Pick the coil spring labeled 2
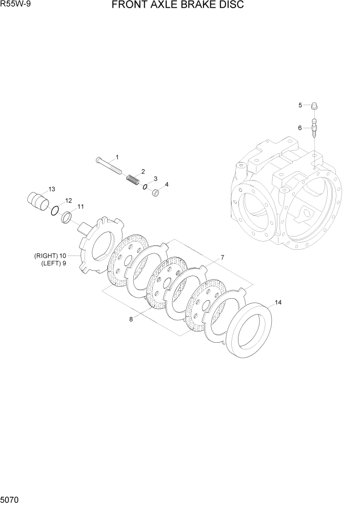pyautogui.click(x=133, y=180)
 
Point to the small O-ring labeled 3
pyautogui.click(x=146, y=187)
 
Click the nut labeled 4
pyautogui.click(x=157, y=193)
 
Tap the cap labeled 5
pyautogui.click(x=314, y=106)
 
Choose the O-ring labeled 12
pyautogui.click(x=54, y=211)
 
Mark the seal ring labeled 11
pyautogui.click(x=66, y=218)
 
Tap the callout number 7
pyautogui.click(x=222, y=257)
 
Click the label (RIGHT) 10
pyautogui.click(x=50, y=256)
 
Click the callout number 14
pyautogui.click(x=278, y=302)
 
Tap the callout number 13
pyautogui.click(x=51, y=189)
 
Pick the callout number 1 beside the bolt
pyautogui.click(x=117, y=156)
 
